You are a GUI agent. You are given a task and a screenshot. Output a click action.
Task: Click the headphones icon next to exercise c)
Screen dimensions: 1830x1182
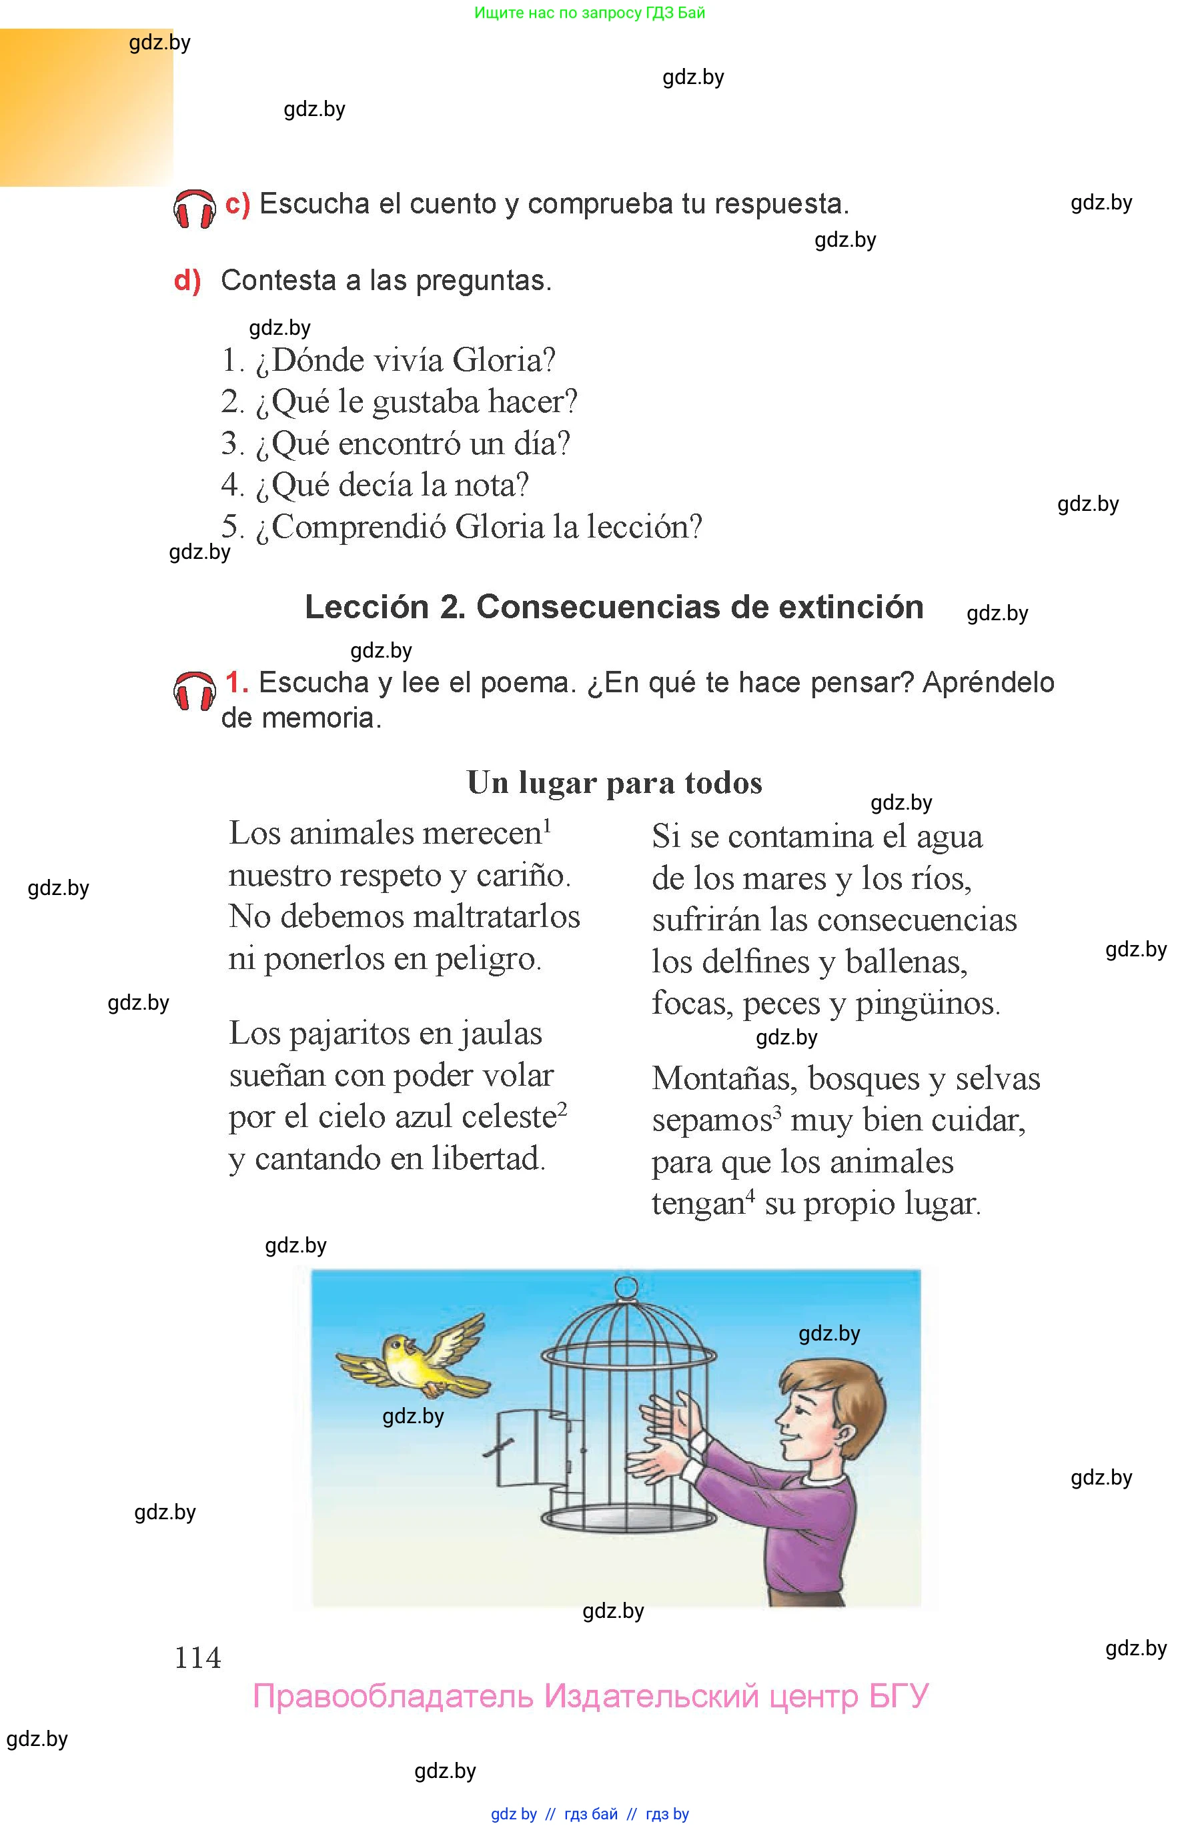pos(194,208)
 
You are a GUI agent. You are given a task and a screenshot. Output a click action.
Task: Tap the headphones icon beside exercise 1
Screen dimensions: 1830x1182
pos(194,690)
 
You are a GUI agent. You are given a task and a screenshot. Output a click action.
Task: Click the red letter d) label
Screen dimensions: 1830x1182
pos(187,281)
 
